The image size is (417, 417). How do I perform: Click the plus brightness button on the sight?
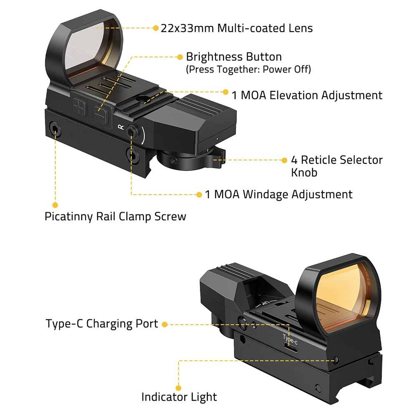pos(78,106)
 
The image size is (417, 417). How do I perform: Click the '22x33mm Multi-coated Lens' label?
pos(236,28)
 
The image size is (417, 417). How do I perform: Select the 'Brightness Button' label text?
pos(234,57)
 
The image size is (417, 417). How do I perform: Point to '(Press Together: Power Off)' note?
pos(248,69)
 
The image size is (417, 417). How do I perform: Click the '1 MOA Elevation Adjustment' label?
pos(306,95)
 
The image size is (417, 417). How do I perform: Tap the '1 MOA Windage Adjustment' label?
pos(279,194)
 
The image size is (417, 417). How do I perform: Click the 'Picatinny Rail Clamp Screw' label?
pos(115,216)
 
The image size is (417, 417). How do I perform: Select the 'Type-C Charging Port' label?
pos(102,324)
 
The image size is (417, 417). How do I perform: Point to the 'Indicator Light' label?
pos(179,397)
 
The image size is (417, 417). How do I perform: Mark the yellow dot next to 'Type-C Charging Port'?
pos(165,324)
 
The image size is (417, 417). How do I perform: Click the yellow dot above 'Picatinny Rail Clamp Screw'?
pos(55,205)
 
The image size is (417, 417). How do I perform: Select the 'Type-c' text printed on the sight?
pos(290,337)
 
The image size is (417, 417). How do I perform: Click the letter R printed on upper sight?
pos(121,126)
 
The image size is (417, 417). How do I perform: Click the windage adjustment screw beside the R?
pos(132,131)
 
